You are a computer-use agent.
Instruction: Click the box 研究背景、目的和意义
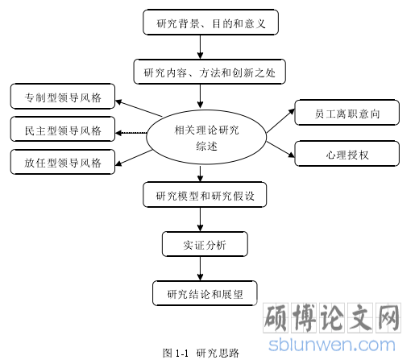tap(210, 23)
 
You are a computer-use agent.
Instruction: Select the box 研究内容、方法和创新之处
tap(210, 72)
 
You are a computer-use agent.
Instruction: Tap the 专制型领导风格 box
tap(63, 97)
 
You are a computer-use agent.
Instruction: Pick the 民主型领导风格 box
tap(63, 129)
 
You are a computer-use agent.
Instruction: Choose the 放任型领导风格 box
tap(63, 162)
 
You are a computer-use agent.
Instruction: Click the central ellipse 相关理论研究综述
tap(206, 137)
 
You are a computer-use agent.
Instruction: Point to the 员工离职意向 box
tap(347, 113)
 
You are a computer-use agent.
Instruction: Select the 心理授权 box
tap(347, 154)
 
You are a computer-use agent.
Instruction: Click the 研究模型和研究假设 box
tap(205, 195)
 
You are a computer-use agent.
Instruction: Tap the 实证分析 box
tap(205, 244)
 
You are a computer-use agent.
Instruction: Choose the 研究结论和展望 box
tap(205, 293)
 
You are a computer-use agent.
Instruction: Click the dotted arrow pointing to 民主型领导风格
tap(131, 133)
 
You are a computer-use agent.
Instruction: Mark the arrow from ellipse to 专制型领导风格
tap(139, 109)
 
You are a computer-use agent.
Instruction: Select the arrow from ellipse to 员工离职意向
tap(280, 121)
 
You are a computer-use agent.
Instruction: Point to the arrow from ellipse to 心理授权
tap(280, 149)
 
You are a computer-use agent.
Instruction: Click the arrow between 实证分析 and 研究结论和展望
tap(200, 268)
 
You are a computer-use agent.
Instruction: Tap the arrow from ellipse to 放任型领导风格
tap(134, 158)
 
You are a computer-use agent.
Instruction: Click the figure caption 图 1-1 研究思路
tap(201, 353)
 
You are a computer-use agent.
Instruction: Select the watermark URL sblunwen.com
tap(332, 345)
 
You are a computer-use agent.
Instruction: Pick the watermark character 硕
tap(276, 318)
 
